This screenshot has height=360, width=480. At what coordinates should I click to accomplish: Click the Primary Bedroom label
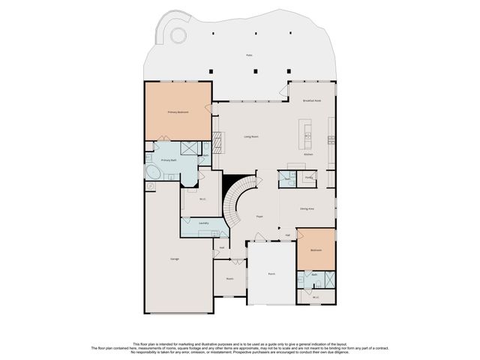click(x=178, y=112)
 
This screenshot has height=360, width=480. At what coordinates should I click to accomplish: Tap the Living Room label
click(x=250, y=136)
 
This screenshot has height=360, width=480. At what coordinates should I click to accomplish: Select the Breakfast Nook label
click(x=312, y=100)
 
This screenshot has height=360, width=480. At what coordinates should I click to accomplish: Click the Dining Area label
click(x=307, y=208)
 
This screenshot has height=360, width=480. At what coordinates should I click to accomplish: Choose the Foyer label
click(x=259, y=216)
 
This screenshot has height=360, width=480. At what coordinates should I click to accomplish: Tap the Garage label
click(x=174, y=259)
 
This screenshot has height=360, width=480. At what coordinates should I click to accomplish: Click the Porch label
click(x=271, y=274)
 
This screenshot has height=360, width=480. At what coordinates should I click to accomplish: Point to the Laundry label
click(x=203, y=223)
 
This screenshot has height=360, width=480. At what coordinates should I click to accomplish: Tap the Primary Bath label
click(x=168, y=160)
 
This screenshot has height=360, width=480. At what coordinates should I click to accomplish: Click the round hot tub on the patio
click(x=178, y=34)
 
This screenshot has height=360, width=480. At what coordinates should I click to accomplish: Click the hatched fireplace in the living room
click(x=218, y=140)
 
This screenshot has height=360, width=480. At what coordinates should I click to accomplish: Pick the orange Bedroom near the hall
click(x=316, y=250)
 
